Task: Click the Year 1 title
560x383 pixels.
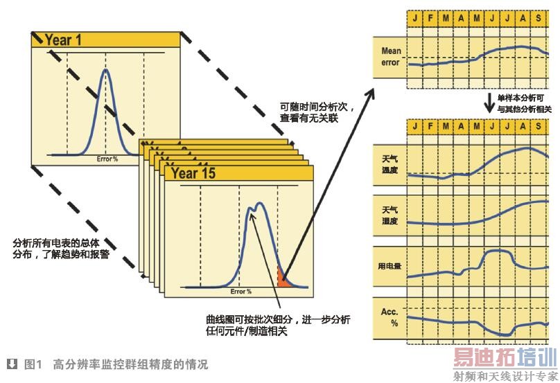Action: pyautogui.click(x=63, y=40)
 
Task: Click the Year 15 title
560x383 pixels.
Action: pyautogui.click(x=193, y=173)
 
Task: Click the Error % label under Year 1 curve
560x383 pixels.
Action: pyautogui.click(x=106, y=159)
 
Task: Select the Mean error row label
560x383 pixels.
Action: pyautogui.click(x=391, y=57)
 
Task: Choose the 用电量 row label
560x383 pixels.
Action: pyautogui.click(x=390, y=265)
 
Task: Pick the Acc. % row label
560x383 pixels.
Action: pyautogui.click(x=390, y=317)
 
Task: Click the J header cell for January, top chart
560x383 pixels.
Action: pyautogui.click(x=414, y=15)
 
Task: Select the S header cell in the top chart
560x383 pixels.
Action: pyautogui.click(x=538, y=15)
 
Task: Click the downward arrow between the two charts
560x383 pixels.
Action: pyautogui.click(x=490, y=104)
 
